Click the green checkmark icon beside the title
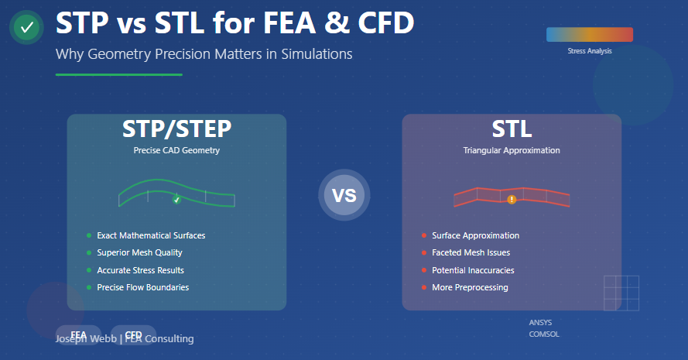point(27,28)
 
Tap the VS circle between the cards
point(344,195)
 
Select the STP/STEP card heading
point(176,129)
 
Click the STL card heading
point(512,129)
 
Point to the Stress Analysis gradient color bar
point(589,34)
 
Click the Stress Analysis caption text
point(589,51)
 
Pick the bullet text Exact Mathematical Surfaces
point(151,235)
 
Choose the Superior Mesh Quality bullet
point(139,252)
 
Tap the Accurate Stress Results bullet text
point(140,270)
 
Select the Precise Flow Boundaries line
point(142,287)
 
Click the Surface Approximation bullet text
point(475,235)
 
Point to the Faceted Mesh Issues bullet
point(471,252)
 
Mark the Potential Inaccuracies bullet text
point(473,270)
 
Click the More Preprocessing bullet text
point(470,287)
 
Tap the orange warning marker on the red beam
point(512,200)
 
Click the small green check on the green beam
point(176,200)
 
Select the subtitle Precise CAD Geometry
point(176,150)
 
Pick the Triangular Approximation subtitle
point(512,150)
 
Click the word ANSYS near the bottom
point(540,322)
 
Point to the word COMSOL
point(543,334)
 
